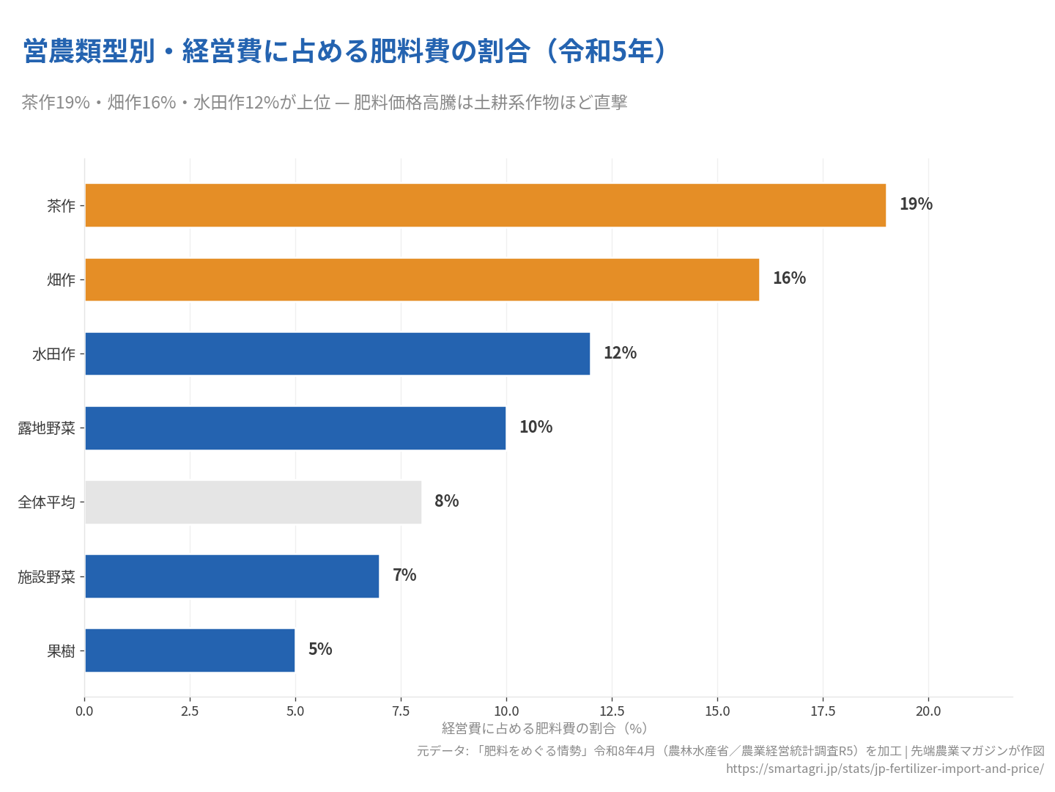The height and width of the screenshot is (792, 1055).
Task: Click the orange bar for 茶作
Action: [x=485, y=205]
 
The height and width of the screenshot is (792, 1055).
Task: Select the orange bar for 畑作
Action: [x=422, y=279]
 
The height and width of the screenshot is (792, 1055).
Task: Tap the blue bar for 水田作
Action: [x=337, y=353]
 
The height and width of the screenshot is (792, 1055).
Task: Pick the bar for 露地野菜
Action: [x=295, y=428]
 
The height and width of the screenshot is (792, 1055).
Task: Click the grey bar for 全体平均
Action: [x=253, y=502]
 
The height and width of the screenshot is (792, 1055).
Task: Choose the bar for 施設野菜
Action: [x=232, y=576]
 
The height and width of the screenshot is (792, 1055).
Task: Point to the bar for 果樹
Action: [x=190, y=650]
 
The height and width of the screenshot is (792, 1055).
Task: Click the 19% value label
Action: [x=916, y=205]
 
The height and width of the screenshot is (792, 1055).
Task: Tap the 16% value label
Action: [x=789, y=279]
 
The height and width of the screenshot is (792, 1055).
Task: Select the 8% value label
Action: [x=446, y=502]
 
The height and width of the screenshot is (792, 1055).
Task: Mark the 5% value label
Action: [x=320, y=650]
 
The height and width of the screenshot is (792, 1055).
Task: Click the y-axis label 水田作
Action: [x=53, y=354]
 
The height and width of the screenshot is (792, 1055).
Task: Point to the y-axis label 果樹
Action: [x=61, y=651]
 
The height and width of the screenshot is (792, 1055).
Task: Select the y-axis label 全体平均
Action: [x=46, y=502]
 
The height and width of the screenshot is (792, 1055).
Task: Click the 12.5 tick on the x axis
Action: [x=612, y=711]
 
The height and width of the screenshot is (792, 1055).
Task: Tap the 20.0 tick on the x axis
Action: [x=928, y=711]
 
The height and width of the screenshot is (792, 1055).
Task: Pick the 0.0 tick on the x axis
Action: [x=84, y=711]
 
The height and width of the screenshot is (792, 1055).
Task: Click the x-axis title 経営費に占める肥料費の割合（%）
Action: [x=544, y=728]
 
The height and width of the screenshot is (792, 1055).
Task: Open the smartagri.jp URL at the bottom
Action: [x=884, y=769]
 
